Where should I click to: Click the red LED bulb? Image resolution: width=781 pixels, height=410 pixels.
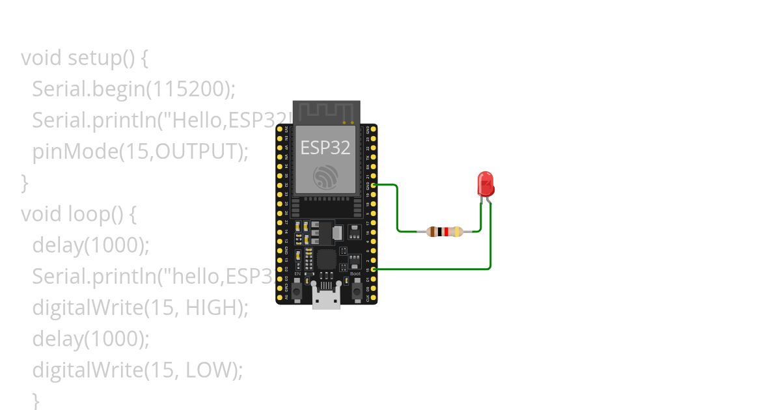click(486, 184)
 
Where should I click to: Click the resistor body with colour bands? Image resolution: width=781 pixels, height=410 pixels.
click(445, 231)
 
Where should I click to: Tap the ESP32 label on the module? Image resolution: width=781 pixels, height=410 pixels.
click(325, 148)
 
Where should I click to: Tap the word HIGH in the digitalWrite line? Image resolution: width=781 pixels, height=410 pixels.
click(210, 308)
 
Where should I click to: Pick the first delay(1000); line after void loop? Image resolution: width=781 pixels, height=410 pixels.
click(90, 245)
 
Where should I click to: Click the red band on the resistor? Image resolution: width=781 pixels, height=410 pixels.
click(446, 231)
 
